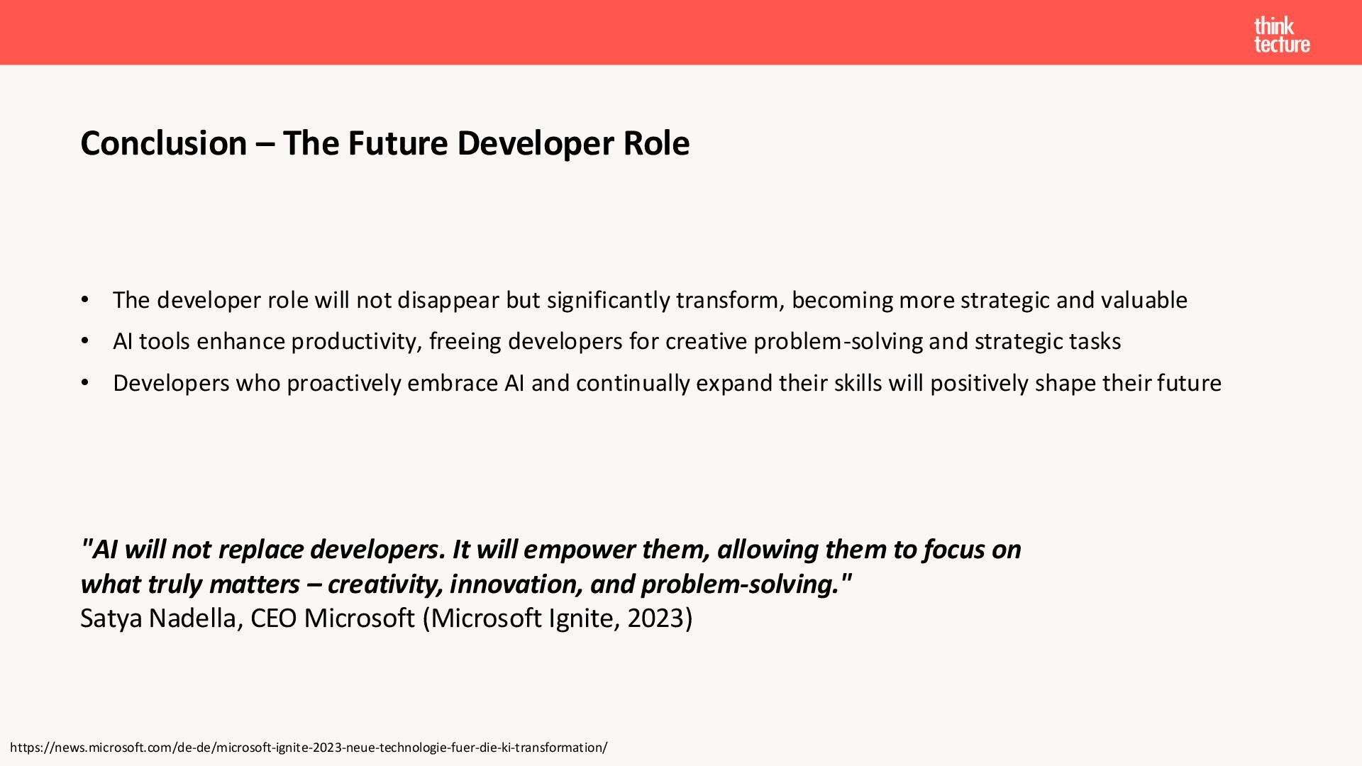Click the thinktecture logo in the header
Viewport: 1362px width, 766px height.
(1282, 35)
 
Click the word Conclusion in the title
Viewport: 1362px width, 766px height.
(164, 143)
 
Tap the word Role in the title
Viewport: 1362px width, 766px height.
(656, 143)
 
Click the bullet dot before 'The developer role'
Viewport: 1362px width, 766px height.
(85, 300)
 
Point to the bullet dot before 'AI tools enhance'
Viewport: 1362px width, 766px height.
(85, 341)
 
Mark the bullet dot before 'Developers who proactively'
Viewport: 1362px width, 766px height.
(85, 383)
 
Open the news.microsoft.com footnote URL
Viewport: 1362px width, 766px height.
(309, 748)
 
